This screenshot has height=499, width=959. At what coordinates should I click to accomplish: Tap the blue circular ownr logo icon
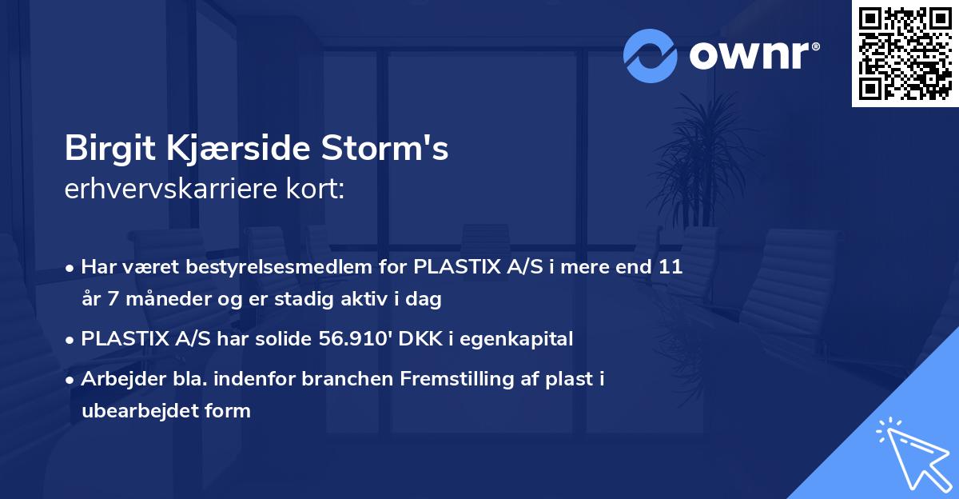tap(651, 56)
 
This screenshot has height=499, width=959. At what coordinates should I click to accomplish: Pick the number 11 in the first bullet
tap(670, 267)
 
